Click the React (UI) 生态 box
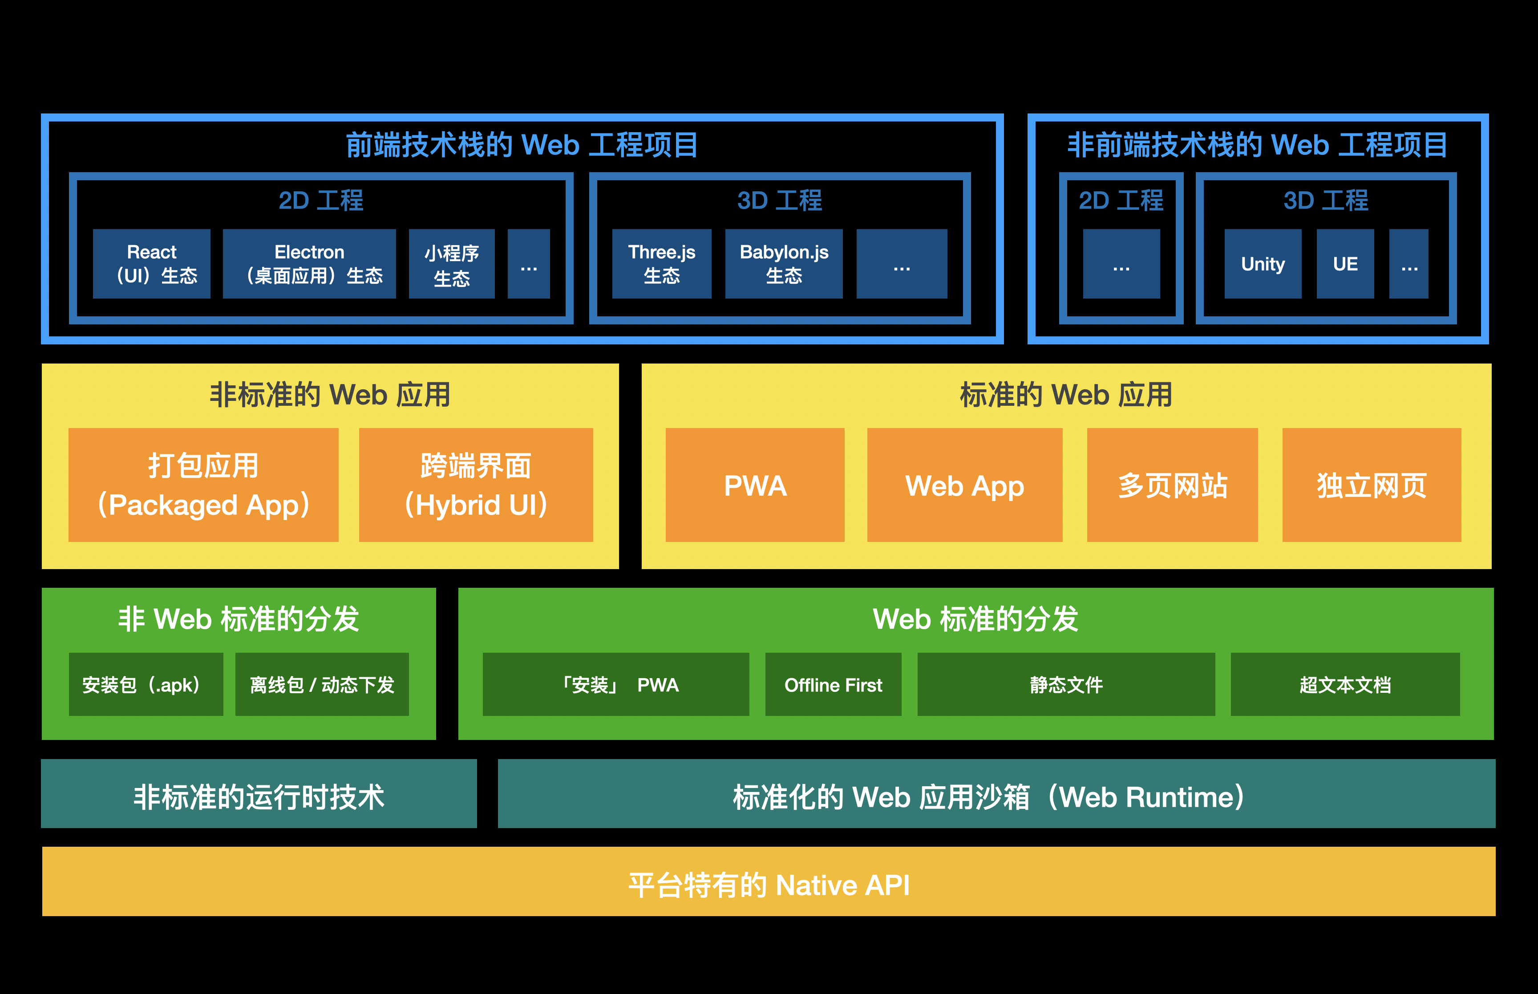point(152,264)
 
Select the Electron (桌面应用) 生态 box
point(309,264)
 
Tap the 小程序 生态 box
point(452,264)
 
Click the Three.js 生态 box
point(662,264)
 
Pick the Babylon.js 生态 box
point(784,264)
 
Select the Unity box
point(1263,264)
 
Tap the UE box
point(1345,264)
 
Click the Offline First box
point(833,684)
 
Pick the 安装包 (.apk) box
point(146,684)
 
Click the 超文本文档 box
point(1345,684)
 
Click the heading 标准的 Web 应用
point(1065,394)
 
